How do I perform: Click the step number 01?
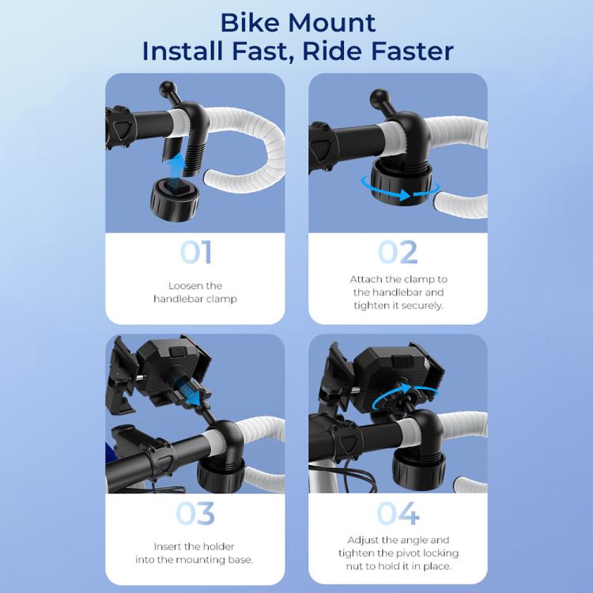(195, 252)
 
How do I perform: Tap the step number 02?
(397, 252)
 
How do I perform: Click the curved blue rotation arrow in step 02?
(397, 186)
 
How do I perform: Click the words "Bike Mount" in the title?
(297, 21)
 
